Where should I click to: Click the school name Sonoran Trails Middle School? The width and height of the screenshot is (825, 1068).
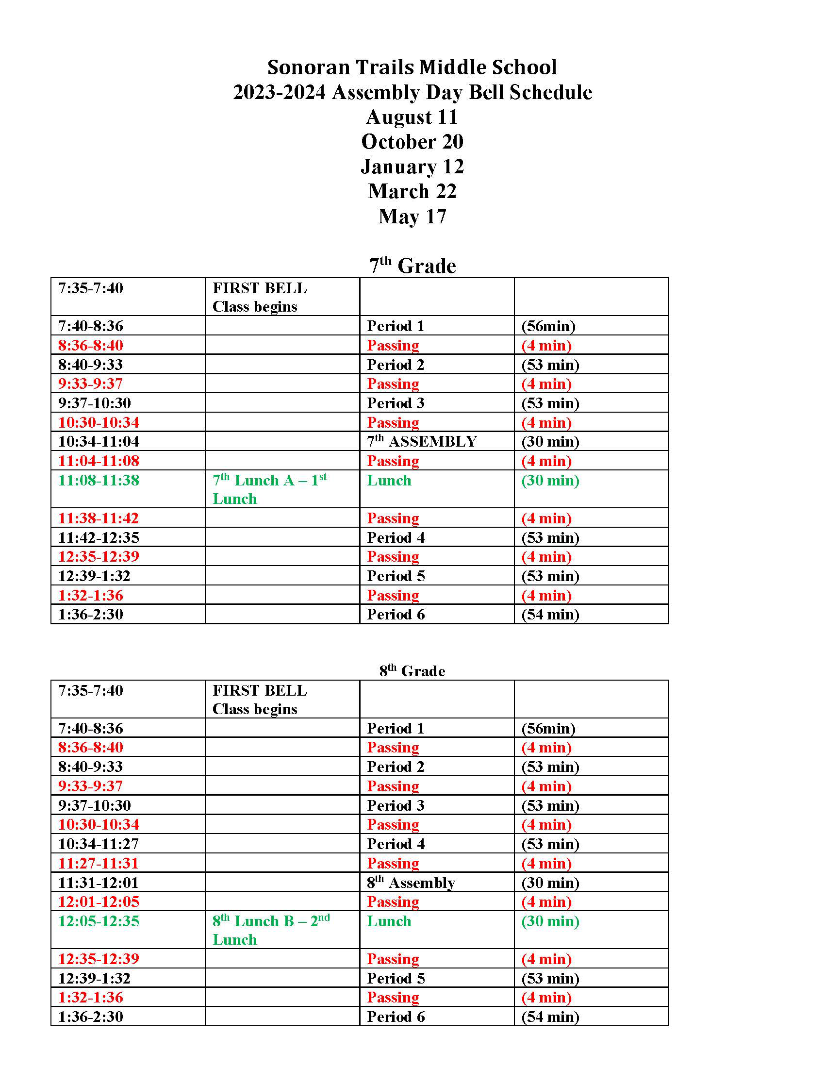[x=412, y=67]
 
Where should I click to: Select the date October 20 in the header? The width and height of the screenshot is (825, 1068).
[x=412, y=142]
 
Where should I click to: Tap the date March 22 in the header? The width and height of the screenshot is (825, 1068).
[x=412, y=191]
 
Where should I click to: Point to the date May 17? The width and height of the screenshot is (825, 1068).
[x=412, y=216]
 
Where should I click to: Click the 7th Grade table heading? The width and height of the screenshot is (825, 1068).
[x=412, y=266]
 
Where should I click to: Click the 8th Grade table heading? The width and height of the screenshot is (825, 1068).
[x=412, y=670]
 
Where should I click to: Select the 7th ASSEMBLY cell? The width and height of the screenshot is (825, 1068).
[x=421, y=441]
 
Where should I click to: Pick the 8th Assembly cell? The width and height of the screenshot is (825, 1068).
[x=411, y=882]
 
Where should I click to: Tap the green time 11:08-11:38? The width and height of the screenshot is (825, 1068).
[x=99, y=480]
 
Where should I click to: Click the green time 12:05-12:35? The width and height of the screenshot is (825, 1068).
[x=99, y=921]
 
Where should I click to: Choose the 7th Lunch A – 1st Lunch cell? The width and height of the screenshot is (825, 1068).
[x=269, y=488]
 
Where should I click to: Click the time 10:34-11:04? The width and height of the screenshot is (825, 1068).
[x=99, y=442]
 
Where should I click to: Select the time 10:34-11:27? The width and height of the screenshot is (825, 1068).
[x=99, y=844]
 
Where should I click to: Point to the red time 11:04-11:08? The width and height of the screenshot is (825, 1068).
[x=99, y=461]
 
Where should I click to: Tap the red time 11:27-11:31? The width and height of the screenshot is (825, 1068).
[x=99, y=863]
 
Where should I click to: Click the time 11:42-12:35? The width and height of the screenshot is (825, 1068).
[x=99, y=537]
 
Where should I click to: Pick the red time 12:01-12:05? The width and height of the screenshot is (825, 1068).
[x=99, y=901]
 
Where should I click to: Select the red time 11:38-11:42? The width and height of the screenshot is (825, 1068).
[x=99, y=518]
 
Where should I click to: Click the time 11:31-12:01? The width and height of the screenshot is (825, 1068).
[x=99, y=883]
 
